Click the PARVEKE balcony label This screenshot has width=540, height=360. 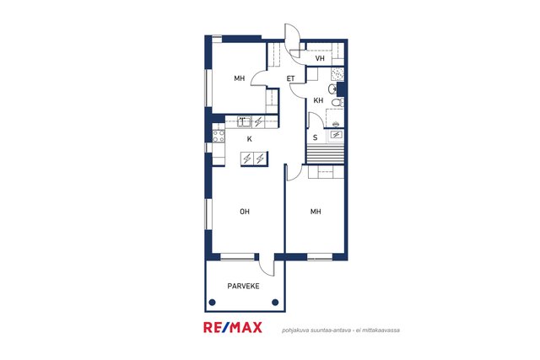pyautogui.click(x=243, y=286)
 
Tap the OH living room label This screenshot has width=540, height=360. pyautogui.click(x=245, y=212)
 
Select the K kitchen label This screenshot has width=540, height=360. pyautogui.click(x=250, y=139)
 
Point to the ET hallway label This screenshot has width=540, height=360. pyautogui.click(x=290, y=78)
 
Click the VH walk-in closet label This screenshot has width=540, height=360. pyautogui.click(x=320, y=58)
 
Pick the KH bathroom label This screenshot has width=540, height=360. pyautogui.click(x=318, y=100)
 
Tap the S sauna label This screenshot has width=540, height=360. pyautogui.click(x=315, y=137)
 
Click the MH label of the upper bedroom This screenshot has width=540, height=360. pyautogui.click(x=240, y=78)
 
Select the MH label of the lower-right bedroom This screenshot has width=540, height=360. pyautogui.click(x=316, y=212)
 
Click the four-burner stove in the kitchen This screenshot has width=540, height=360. pyautogui.click(x=219, y=136)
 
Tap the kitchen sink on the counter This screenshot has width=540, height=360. pyautogui.click(x=244, y=121)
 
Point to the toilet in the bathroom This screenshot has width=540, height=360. pyautogui.click(x=337, y=102)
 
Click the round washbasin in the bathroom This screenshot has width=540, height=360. pyautogui.click(x=332, y=89)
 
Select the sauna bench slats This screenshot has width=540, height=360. pyautogui.click(x=325, y=153)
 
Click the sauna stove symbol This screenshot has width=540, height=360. pyautogui.click(x=336, y=135)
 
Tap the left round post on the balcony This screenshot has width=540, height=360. pyautogui.click(x=212, y=302)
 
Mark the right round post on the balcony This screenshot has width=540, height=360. pyautogui.click(x=275, y=302)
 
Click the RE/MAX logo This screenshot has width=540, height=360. pyautogui.click(x=233, y=327)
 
